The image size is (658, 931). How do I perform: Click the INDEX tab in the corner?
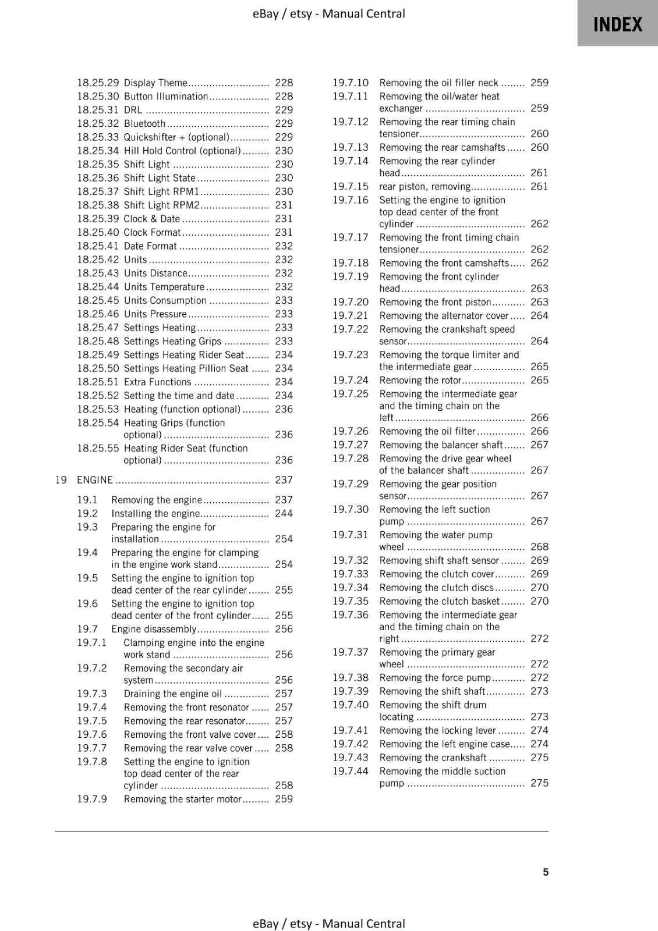(x=617, y=24)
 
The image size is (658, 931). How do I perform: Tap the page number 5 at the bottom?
(x=546, y=872)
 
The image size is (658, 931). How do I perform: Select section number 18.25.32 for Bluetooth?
(x=98, y=123)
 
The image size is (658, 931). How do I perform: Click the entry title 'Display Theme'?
(x=155, y=83)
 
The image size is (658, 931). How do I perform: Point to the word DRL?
(x=133, y=110)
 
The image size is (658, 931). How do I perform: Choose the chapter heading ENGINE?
(x=95, y=480)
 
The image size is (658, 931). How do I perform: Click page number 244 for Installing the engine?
(x=284, y=513)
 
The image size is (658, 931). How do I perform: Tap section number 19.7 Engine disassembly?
(x=87, y=629)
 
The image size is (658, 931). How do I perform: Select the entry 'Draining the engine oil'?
(x=173, y=694)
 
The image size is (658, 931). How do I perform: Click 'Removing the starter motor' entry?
(x=182, y=799)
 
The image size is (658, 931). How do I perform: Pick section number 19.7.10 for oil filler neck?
(x=351, y=83)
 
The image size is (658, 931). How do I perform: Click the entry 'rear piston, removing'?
(x=425, y=187)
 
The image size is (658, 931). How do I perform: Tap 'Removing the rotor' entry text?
(x=420, y=380)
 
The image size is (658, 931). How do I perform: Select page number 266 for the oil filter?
(x=539, y=431)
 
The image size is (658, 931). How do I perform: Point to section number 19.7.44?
(x=351, y=771)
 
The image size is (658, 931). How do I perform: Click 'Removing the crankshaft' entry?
(x=433, y=758)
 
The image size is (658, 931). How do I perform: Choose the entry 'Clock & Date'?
(x=152, y=219)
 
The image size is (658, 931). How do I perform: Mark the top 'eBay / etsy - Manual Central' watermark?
(x=328, y=13)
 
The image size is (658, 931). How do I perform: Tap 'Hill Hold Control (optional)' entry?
(x=182, y=151)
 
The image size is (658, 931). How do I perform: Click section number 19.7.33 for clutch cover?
(x=351, y=574)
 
